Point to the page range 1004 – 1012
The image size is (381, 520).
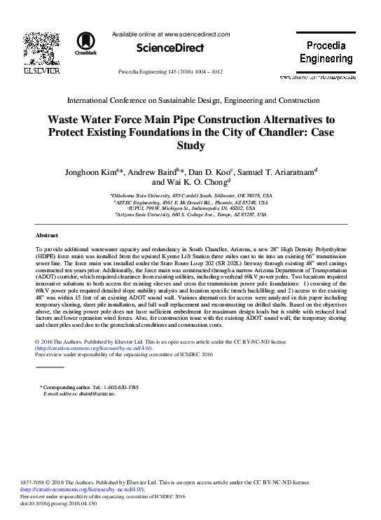(x=204, y=72)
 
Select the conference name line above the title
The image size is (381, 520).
(x=190, y=100)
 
